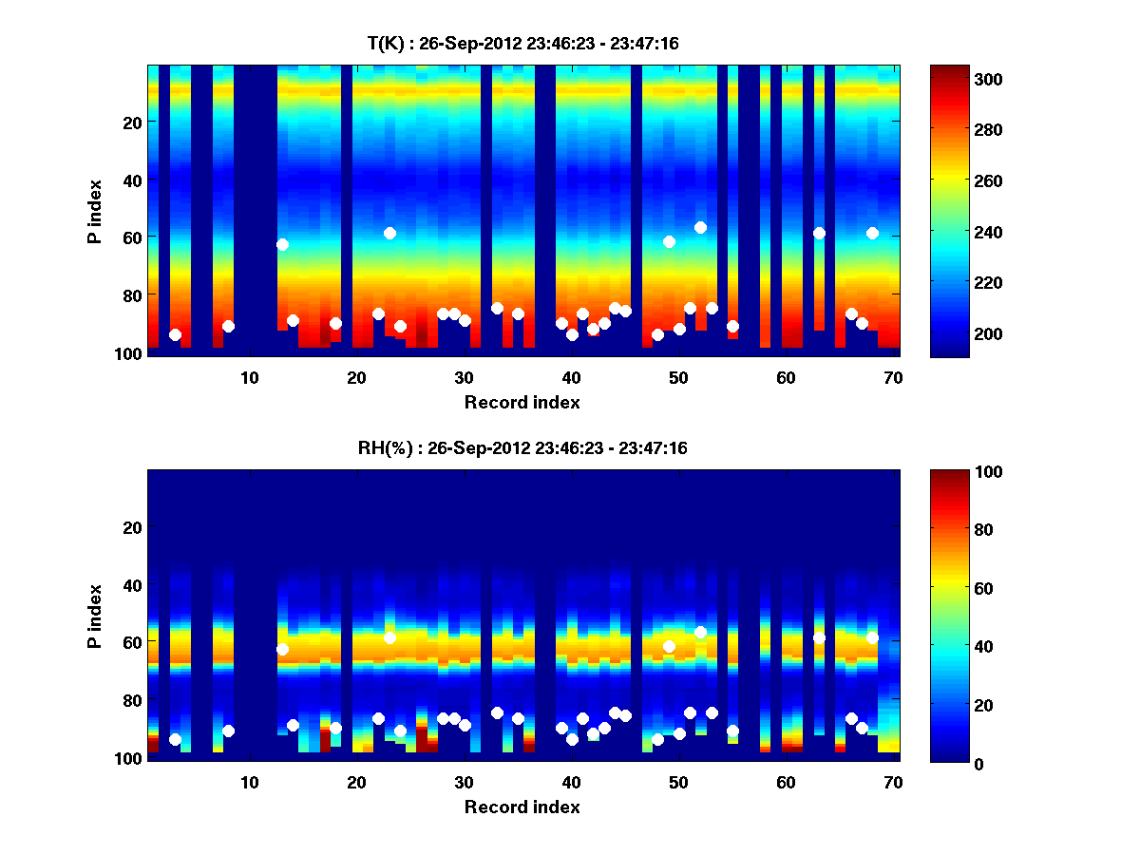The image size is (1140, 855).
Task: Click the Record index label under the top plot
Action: tap(522, 402)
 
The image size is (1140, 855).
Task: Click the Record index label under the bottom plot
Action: tap(522, 807)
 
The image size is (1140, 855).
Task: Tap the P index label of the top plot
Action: tap(95, 210)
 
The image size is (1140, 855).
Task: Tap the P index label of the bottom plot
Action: tap(95, 615)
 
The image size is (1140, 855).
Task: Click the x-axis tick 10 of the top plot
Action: tap(249, 377)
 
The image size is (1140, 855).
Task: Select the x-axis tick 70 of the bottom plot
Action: tap(893, 782)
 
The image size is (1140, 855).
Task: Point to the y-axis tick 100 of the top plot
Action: tap(129, 353)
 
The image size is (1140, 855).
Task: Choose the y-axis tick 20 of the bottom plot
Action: tap(133, 527)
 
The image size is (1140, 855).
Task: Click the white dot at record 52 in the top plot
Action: tap(700, 227)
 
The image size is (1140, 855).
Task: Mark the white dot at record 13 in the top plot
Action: tap(282, 244)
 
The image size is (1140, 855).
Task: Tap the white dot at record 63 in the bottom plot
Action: tap(819, 637)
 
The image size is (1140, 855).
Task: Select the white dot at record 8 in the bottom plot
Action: tap(228, 731)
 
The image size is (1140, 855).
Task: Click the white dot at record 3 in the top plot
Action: tap(175, 334)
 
